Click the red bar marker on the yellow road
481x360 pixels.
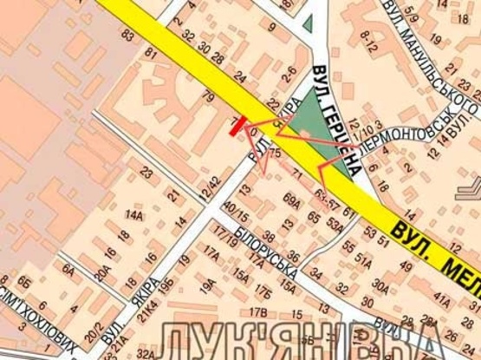(237, 126)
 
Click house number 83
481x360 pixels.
(128, 35)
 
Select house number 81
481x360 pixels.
(153, 54)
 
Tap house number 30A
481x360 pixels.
(380, 283)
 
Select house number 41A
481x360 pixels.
(442, 301)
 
